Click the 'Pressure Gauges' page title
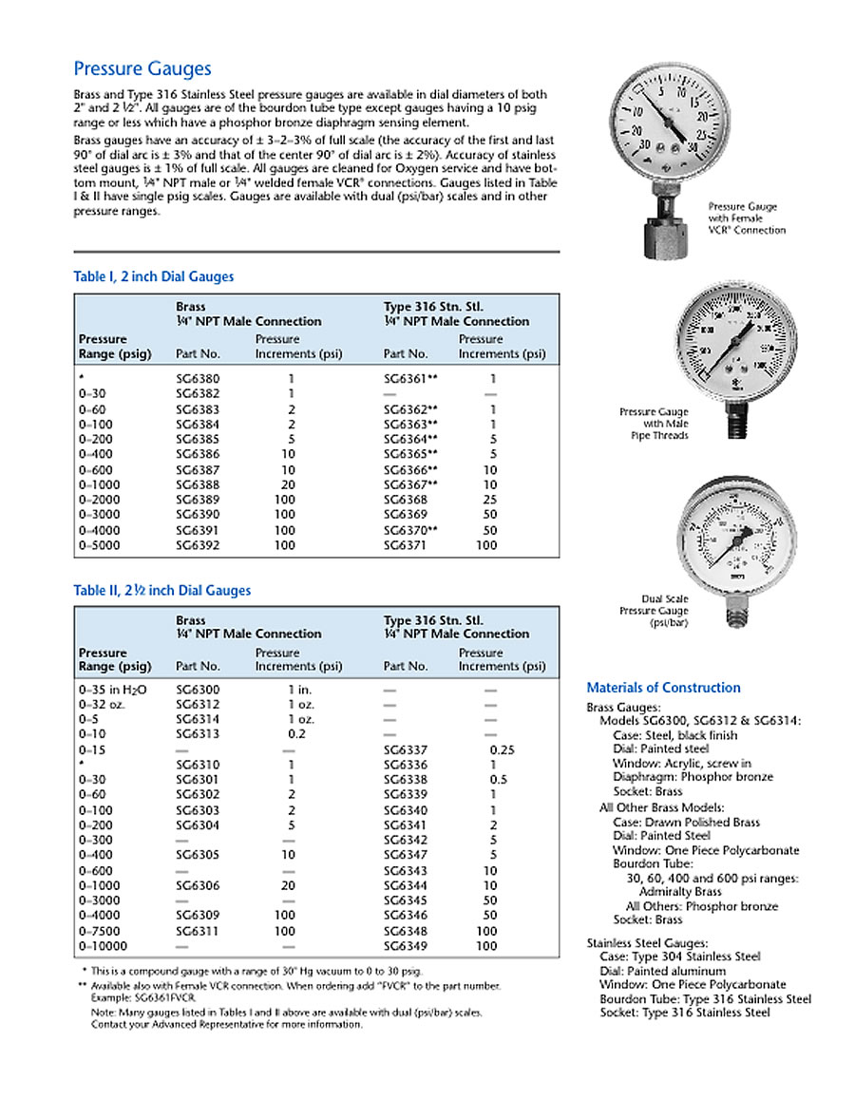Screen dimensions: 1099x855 [x=142, y=68]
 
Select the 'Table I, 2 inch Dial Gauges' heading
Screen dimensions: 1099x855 [x=153, y=276]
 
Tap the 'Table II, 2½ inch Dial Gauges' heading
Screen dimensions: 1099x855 [x=161, y=590]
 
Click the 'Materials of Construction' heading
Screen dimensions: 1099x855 [x=663, y=688]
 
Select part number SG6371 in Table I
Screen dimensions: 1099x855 [x=405, y=546]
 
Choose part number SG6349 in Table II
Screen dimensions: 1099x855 [x=405, y=946]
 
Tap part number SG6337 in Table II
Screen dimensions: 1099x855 [x=405, y=749]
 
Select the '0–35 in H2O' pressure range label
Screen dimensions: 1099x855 [x=112, y=690]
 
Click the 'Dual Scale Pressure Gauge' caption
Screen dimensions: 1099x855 [x=665, y=611]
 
